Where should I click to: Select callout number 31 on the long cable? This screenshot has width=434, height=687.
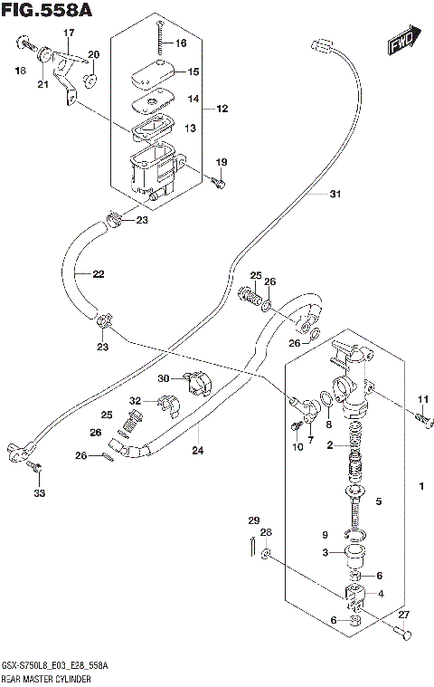(x=310, y=194)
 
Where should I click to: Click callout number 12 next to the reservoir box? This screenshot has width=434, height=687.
(x=222, y=109)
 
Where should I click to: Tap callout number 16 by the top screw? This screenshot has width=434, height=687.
(x=180, y=43)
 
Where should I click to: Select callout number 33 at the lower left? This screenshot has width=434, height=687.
(x=38, y=493)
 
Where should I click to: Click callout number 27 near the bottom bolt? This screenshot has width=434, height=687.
(x=403, y=614)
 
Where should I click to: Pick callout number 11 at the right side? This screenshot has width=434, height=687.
(x=420, y=400)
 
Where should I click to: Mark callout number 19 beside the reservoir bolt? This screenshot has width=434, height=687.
(x=220, y=162)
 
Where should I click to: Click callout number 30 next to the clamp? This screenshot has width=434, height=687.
(x=163, y=377)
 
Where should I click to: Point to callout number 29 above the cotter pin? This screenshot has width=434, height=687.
(x=254, y=520)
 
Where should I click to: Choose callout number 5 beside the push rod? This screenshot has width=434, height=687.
(x=380, y=501)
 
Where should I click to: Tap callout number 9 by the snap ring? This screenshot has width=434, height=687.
(x=325, y=535)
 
